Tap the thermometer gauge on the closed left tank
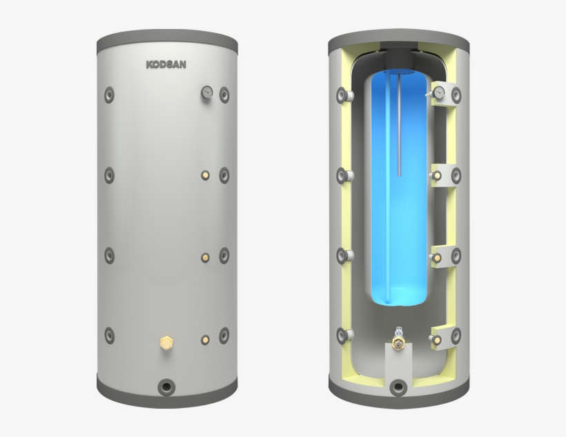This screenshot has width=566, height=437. coord(206,93)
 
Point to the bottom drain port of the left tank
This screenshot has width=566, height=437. coord(166,386)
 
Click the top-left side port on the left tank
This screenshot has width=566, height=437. coord(109,94)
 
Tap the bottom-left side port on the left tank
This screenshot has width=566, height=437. coord(109,336)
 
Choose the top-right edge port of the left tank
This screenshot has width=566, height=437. coord(224,94)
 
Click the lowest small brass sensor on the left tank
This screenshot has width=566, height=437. coord(206,338)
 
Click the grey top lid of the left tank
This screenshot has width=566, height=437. coord(166,35)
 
